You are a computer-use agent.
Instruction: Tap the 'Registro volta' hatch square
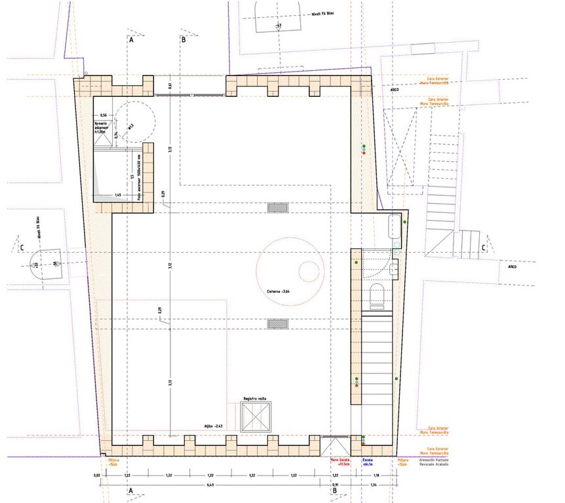pyautogui.click(x=256, y=417)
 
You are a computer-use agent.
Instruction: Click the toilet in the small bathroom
pyautogui.click(x=378, y=295)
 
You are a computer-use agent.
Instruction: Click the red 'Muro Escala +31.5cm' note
pyautogui.click(x=339, y=463)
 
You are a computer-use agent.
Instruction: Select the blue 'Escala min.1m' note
pyautogui.click(x=367, y=463)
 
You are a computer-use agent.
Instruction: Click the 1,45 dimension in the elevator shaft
pyautogui.click(x=119, y=195)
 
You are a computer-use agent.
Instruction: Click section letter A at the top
pyautogui.click(x=131, y=40)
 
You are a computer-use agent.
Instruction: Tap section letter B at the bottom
pyautogui.click(x=334, y=490)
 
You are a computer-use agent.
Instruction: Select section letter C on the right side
pyautogui.click(x=483, y=248)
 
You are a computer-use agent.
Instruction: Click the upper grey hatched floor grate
pyautogui.click(x=277, y=208)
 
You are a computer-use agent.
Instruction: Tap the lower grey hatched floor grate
pyautogui.click(x=277, y=324)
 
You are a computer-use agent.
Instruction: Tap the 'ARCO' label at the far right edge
pyautogui.click(x=512, y=267)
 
